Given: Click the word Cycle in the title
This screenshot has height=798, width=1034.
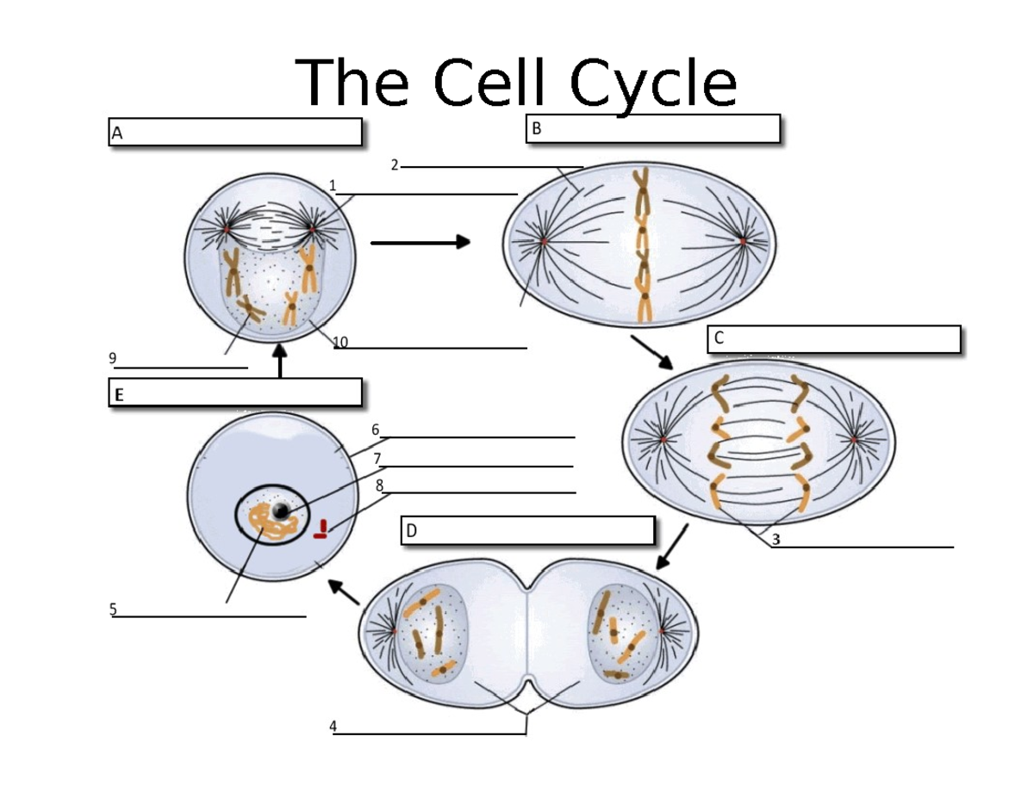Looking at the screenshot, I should click(x=655, y=84).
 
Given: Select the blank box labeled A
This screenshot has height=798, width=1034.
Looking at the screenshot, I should click(x=234, y=133).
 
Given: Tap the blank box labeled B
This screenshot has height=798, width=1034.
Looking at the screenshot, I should click(x=653, y=130).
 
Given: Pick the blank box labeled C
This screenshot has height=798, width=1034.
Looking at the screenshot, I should click(x=834, y=339).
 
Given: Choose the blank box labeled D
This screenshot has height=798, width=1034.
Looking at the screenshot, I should click(x=527, y=531).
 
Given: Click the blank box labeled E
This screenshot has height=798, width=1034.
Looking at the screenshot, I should click(x=234, y=393).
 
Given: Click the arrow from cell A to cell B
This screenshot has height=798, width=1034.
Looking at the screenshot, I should click(x=420, y=243).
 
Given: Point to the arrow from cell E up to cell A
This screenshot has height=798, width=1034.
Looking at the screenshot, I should click(x=280, y=361).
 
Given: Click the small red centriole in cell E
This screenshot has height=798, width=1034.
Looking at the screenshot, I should click(x=321, y=529).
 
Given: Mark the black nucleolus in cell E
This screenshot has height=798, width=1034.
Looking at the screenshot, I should click(x=281, y=511).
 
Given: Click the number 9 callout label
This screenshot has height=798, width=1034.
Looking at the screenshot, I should click(x=112, y=357).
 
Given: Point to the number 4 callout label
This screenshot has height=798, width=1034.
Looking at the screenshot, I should click(x=333, y=727).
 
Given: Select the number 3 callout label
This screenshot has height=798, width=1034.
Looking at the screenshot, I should click(x=775, y=540).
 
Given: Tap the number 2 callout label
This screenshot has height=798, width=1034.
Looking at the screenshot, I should click(x=394, y=165).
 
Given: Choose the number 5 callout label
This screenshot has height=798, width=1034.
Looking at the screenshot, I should click(x=112, y=609).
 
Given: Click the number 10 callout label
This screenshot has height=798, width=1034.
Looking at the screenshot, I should click(x=340, y=342).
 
